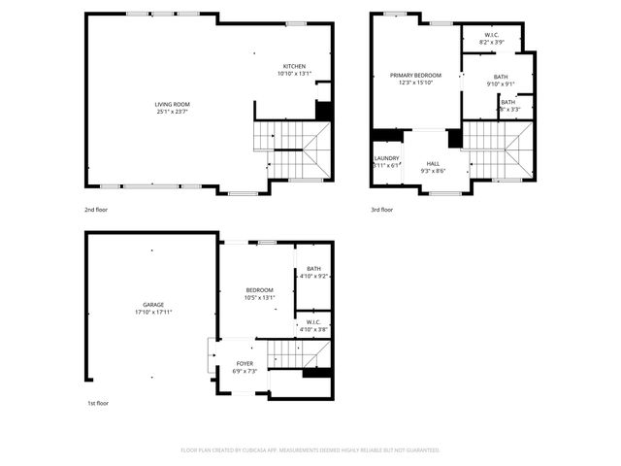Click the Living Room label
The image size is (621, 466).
(172, 104)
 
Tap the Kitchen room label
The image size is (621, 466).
(294, 66)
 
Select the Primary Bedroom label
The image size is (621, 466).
(415, 75)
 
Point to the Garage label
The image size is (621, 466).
(152, 305)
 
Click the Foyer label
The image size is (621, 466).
(244, 363)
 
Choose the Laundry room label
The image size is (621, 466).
(386, 158)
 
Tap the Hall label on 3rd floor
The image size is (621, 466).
(433, 164)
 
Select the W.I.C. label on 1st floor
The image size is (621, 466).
(313, 322)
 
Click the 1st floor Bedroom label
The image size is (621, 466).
(259, 290)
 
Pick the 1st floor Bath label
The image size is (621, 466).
(313, 269)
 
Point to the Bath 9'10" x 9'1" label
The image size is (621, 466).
(500, 77)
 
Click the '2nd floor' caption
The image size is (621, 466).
(96, 209)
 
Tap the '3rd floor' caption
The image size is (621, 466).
(381, 209)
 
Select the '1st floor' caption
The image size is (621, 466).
(96, 403)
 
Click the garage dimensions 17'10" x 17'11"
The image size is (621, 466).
(152, 313)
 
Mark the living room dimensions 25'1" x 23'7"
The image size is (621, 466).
(172, 111)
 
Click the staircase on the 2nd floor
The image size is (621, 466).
(292, 150)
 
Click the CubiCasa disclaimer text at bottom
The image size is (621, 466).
(310, 449)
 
